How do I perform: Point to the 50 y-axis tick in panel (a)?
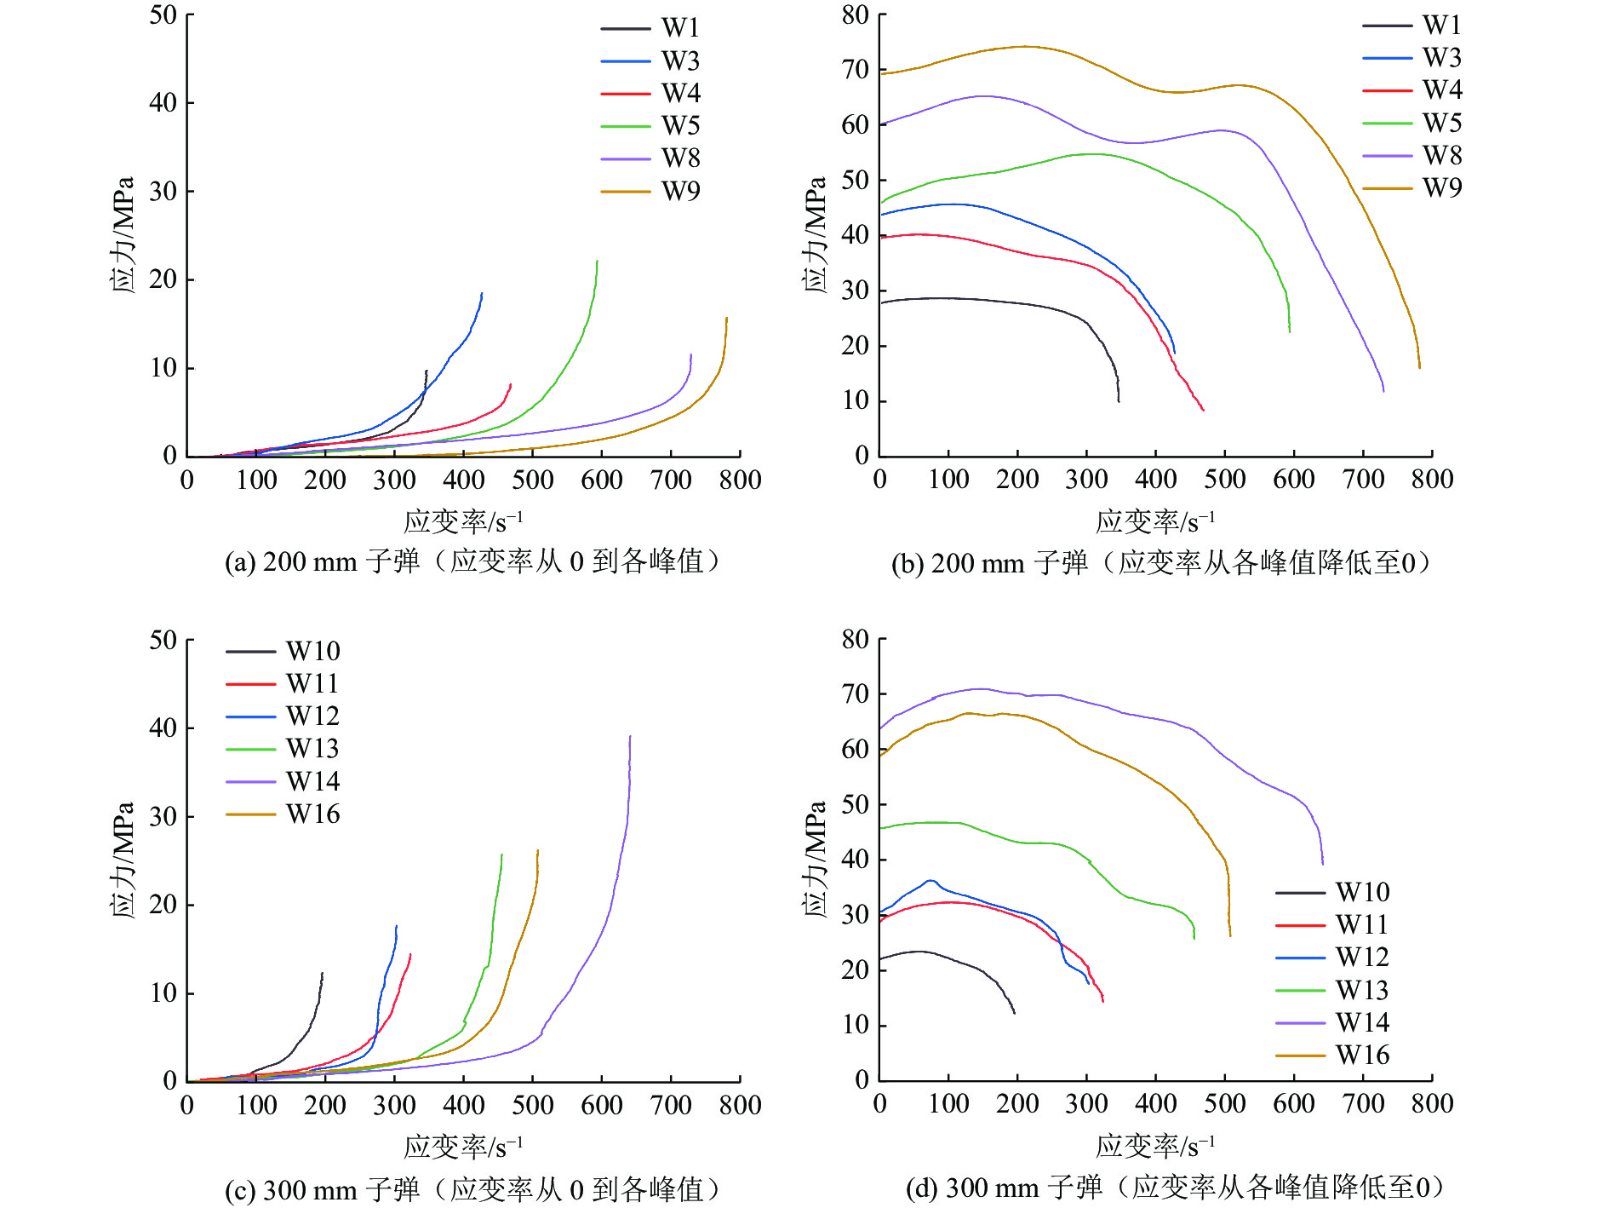pyautogui.click(x=163, y=15)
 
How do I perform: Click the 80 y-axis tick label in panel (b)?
pyautogui.click(x=855, y=15)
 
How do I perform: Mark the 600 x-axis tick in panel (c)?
pyautogui.click(x=601, y=1105)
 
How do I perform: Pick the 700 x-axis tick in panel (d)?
pyautogui.click(x=1363, y=1103)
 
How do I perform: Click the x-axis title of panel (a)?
pyautogui.click(x=463, y=521)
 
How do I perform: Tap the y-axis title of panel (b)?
pyautogui.click(x=815, y=235)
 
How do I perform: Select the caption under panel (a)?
pyautogui.click(x=473, y=562)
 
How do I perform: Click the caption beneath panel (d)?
pyautogui.click(x=1175, y=1188)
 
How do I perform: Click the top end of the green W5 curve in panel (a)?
pyautogui.click(x=598, y=261)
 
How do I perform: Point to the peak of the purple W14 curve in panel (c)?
pyautogui.click(x=630, y=736)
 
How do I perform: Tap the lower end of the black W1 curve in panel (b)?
pyautogui.click(x=1119, y=401)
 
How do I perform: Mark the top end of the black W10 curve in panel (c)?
pyautogui.click(x=322, y=973)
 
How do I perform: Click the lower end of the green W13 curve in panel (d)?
pyautogui.click(x=1194, y=938)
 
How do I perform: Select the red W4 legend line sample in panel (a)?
pyautogui.click(x=626, y=93)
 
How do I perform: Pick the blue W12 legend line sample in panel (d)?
pyautogui.click(x=1300, y=958)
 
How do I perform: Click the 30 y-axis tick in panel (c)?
pyautogui.click(x=163, y=816)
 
